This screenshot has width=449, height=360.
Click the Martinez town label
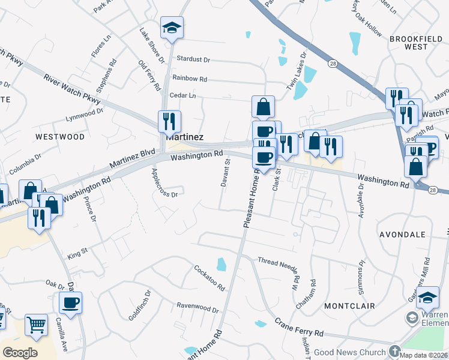184,137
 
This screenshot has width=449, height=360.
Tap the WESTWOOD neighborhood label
60,137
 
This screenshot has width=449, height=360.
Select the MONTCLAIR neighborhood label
349,306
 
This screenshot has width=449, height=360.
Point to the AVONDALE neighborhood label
403,234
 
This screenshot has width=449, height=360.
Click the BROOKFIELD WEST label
415,43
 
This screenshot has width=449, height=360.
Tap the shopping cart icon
36,325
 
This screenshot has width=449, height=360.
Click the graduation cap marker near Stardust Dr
172,28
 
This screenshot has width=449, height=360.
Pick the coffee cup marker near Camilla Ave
71,302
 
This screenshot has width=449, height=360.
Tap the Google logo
20,353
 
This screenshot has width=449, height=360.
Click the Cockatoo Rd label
209,277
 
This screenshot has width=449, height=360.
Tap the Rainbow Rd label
189,79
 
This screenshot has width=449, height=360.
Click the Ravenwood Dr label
197,308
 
